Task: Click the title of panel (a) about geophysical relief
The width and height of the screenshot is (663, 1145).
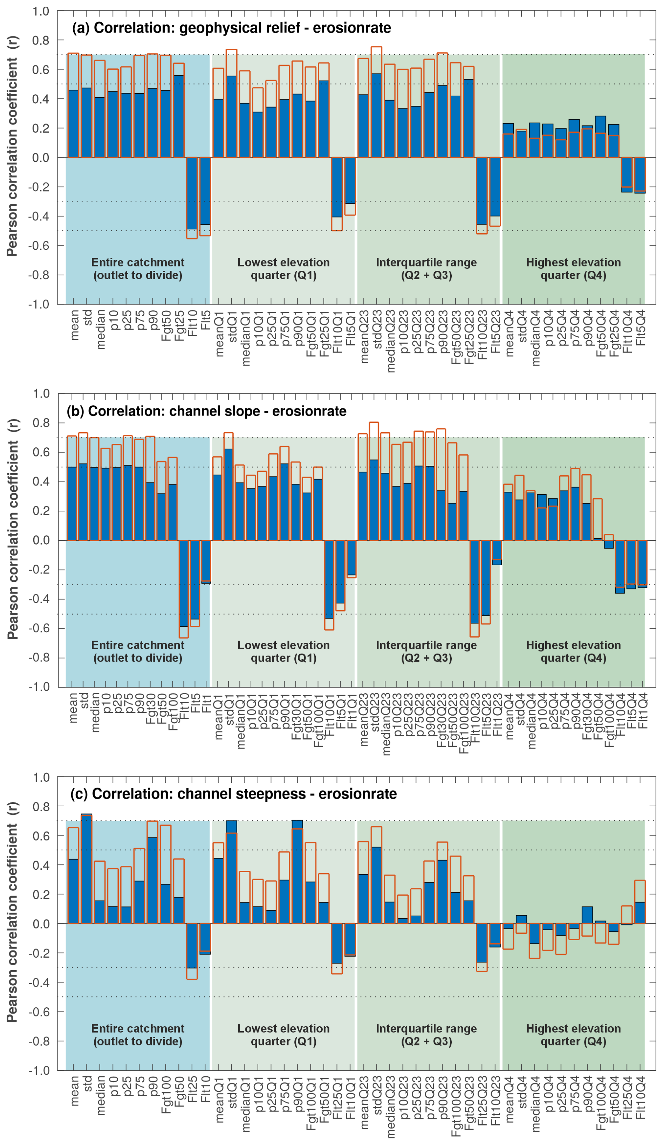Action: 231,28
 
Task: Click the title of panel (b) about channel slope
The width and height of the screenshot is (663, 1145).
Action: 206,411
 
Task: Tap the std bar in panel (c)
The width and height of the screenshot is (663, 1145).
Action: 86,869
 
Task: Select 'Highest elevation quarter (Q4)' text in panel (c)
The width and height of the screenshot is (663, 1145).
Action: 573,1035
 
